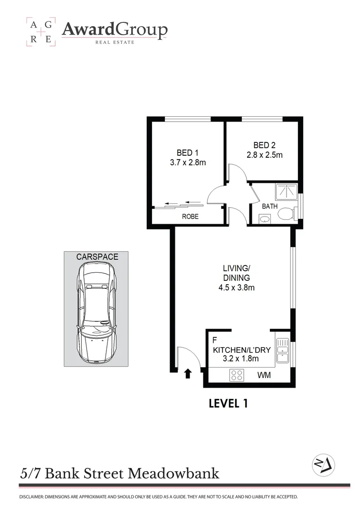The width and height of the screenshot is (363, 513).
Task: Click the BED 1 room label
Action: point(188,152)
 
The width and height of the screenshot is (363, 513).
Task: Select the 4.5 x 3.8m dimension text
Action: point(237,287)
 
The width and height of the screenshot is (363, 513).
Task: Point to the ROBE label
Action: point(190,216)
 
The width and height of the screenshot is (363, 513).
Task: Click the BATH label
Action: point(269,207)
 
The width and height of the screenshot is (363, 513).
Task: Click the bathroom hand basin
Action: point(264,219)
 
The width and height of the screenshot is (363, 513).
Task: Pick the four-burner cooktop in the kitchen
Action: point(237,375)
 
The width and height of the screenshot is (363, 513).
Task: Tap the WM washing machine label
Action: point(264,375)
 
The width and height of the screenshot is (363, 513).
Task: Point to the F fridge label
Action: point(215,340)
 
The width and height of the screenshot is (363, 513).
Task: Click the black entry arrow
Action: point(188,374)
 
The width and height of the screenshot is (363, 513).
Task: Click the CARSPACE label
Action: point(97,257)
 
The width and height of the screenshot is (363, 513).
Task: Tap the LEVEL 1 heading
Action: point(229,404)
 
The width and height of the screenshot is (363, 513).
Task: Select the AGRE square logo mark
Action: point(40,31)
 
